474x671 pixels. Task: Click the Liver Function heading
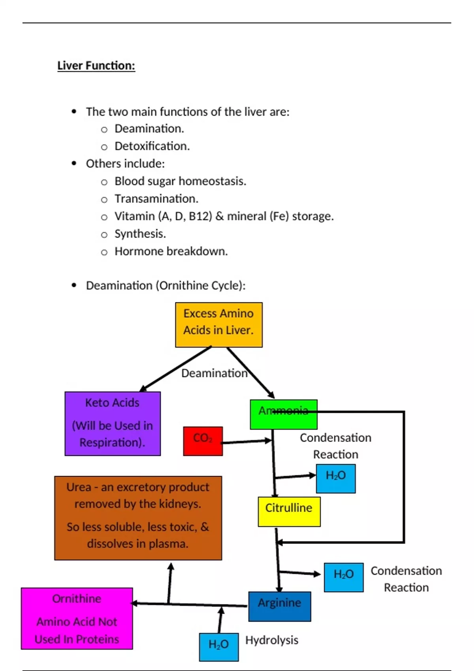(x=96, y=66)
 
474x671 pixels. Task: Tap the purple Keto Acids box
(x=113, y=423)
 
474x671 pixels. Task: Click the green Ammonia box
(x=283, y=414)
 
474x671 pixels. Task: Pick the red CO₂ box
(x=203, y=441)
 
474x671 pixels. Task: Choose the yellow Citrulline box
(x=289, y=511)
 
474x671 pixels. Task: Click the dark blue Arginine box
(x=279, y=606)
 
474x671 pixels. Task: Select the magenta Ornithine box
(x=77, y=618)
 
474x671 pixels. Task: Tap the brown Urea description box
(x=138, y=517)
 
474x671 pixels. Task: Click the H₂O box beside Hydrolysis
(x=218, y=647)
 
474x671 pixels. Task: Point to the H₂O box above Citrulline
(x=335, y=478)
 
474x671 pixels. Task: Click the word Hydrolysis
(x=272, y=640)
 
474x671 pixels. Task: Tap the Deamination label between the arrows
(x=214, y=373)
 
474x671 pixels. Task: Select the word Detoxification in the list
(x=152, y=146)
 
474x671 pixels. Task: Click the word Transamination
(x=156, y=199)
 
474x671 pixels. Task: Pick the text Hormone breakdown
(x=171, y=251)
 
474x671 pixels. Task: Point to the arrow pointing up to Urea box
(x=170, y=582)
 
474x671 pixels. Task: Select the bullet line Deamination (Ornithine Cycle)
(x=166, y=285)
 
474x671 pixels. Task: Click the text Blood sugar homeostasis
(x=180, y=181)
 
